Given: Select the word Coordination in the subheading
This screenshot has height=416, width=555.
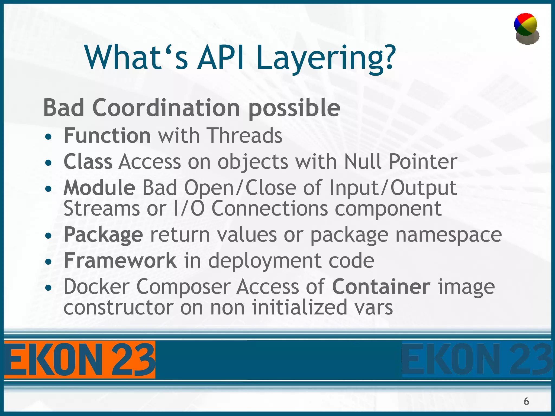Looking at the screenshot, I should tap(166, 108).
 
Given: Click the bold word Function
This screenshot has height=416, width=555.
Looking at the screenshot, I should tap(107, 135).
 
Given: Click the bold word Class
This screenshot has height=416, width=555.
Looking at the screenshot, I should tap(88, 162).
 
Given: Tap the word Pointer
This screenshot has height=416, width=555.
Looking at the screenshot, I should tap(423, 162).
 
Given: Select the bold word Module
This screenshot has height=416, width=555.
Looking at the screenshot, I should tap(99, 187).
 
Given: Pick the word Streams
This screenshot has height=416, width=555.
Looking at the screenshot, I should tap(101, 209).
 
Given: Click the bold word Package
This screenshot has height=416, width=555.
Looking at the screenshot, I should tap(103, 235).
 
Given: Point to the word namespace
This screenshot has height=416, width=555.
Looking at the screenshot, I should tap(448, 235).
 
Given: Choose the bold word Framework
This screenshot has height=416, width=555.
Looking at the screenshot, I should tap(120, 261).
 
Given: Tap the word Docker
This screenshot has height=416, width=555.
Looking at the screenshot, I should tap(96, 287).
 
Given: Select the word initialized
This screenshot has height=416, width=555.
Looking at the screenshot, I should tap(299, 308).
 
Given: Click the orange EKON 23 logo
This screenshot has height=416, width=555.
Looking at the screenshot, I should tap(80, 360).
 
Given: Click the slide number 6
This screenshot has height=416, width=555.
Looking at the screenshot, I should tap(526, 401).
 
